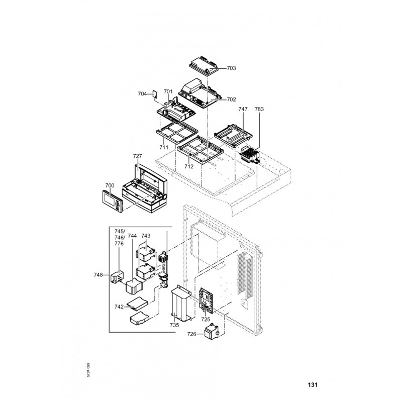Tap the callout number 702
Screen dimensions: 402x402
pos(231,99)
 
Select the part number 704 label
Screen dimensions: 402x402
pos(142,94)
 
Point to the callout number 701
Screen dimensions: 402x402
pos(168,92)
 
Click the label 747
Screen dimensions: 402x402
pos(243,109)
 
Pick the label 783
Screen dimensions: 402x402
pos(259,109)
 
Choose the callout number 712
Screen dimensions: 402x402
pos(189,166)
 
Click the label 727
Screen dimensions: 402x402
pos(137,156)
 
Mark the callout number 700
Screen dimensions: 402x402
pos(110,185)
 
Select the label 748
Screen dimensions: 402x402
pos(98,275)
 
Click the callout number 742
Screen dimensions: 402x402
pos(119,306)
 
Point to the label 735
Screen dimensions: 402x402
pos(174,326)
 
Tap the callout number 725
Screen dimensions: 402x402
pos(206,319)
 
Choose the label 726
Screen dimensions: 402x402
pos(191,334)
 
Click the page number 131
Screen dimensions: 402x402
pos(313,385)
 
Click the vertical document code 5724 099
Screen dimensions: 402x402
pos(88,371)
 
